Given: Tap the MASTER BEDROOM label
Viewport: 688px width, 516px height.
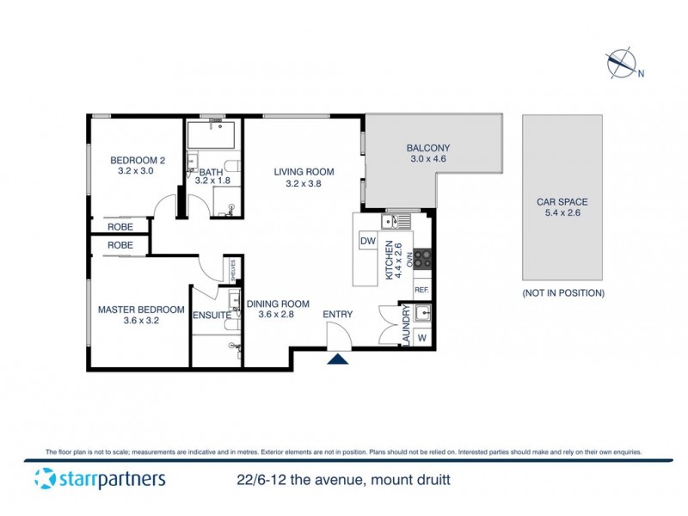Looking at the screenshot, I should [x=141, y=310].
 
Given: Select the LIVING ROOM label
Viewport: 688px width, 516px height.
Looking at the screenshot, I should [x=304, y=172].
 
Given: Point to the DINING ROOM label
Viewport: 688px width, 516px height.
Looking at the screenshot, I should [x=277, y=304].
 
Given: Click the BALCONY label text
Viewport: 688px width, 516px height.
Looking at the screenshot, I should [x=427, y=148].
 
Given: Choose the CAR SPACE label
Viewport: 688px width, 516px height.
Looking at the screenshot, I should [x=562, y=202].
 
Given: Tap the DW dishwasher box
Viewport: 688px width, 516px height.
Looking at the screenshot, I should [x=368, y=241].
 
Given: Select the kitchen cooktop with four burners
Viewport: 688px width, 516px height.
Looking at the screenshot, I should [x=422, y=259].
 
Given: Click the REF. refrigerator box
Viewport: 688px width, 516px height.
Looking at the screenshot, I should [x=422, y=291].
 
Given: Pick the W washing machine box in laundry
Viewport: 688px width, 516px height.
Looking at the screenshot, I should [x=421, y=337].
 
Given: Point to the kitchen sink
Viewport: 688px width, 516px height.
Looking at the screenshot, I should [x=397, y=222].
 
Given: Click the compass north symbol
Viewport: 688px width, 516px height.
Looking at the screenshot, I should [x=621, y=64].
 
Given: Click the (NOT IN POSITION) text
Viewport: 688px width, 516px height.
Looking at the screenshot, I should [x=562, y=293].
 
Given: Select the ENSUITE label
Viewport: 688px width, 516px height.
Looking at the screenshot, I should [x=211, y=316].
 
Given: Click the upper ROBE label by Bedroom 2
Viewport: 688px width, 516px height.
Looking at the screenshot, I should [x=120, y=226].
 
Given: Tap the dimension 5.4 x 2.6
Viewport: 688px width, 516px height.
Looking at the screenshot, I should [x=562, y=213].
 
